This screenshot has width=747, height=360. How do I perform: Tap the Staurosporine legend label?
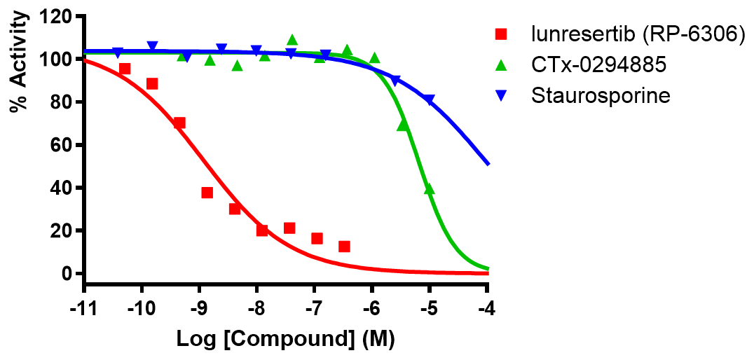601,95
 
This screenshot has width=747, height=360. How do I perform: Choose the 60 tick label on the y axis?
64,145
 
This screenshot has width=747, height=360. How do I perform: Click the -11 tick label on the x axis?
83,308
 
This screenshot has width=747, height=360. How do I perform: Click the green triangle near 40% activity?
430,189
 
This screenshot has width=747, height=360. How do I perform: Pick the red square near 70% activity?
179,123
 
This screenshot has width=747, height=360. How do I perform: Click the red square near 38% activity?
207,193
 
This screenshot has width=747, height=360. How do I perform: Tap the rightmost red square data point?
344,247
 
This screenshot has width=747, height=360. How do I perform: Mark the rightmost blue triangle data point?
429,100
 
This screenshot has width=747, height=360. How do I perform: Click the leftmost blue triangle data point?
118,53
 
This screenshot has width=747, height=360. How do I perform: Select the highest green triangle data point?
292,40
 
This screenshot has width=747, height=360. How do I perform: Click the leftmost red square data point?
125,69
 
